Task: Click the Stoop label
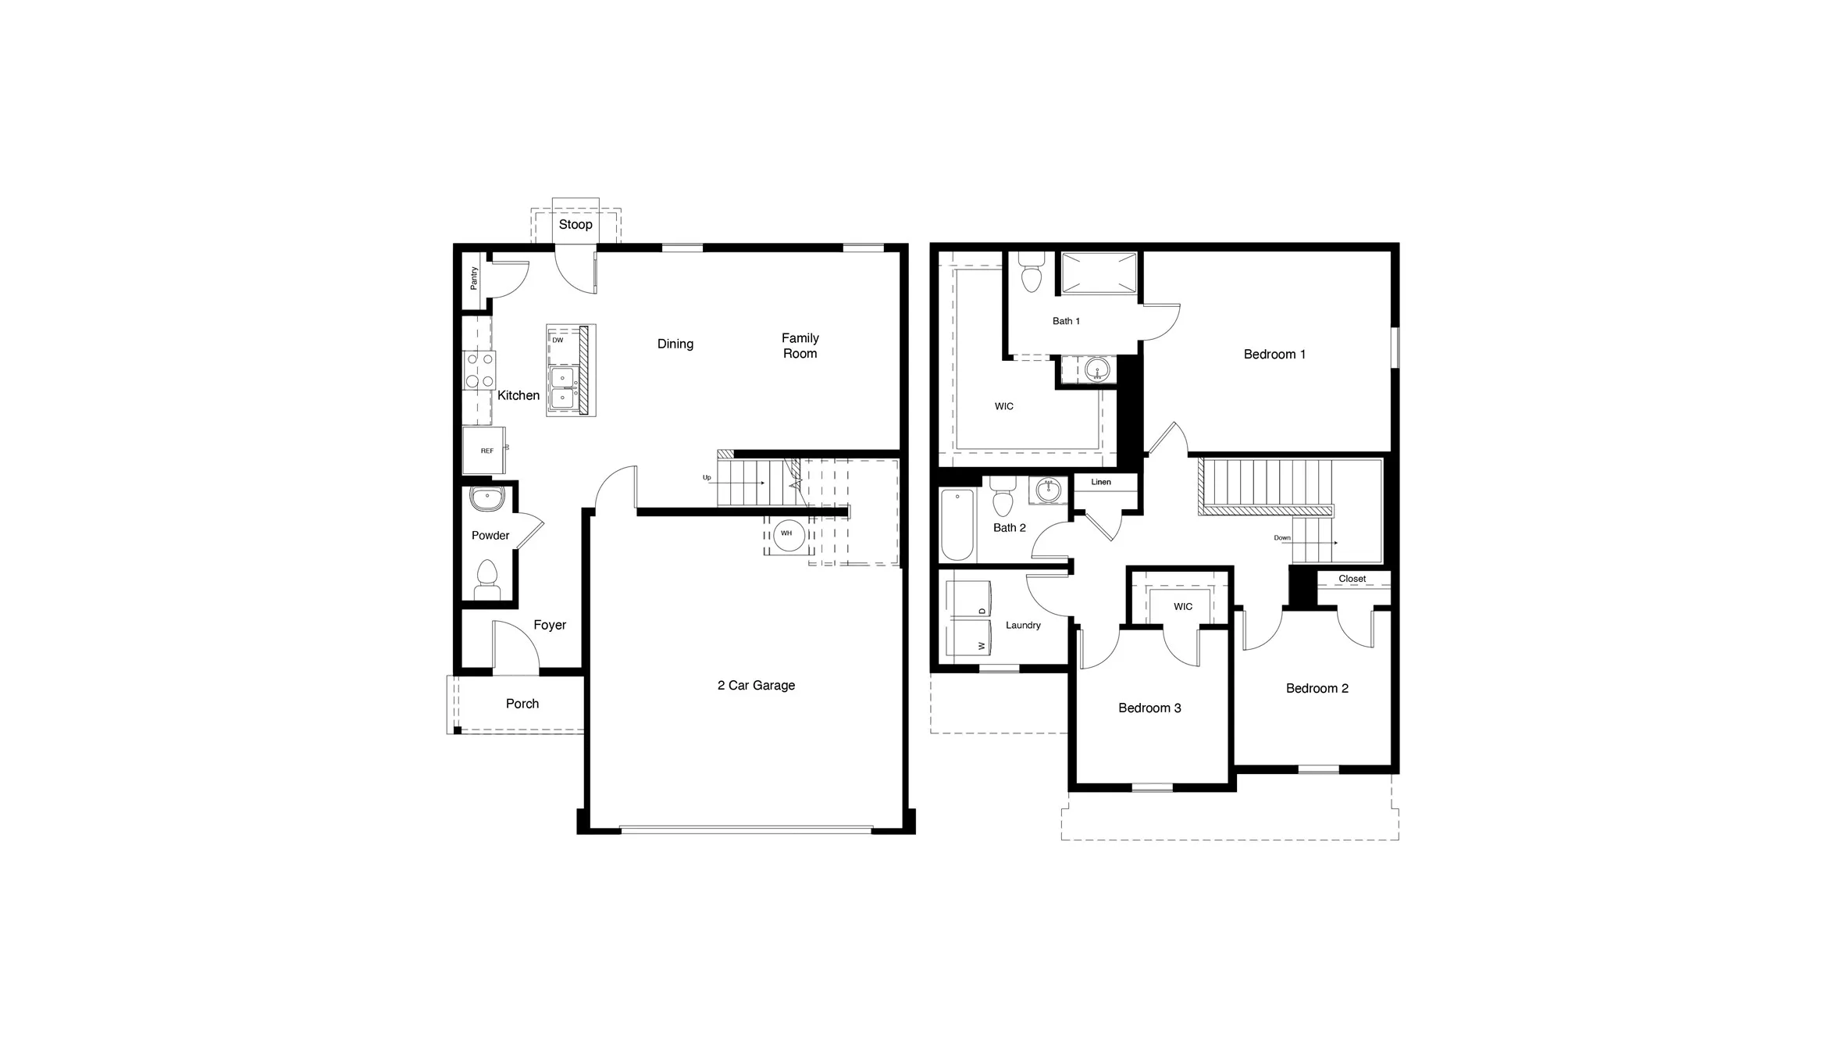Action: click(x=576, y=225)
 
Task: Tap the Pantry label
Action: click(x=474, y=278)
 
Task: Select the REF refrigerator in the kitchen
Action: click(x=485, y=451)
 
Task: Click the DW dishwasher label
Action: click(x=558, y=341)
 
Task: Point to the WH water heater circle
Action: click(x=787, y=533)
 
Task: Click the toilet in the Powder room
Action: click(x=487, y=576)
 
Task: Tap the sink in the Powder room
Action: click(x=488, y=498)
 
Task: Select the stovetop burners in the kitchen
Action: click(x=479, y=370)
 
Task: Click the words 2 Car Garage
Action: click(x=756, y=686)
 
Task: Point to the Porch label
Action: click(x=522, y=704)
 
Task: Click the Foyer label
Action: click(x=550, y=625)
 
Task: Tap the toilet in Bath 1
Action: click(x=1032, y=273)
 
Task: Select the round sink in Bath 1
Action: click(x=1097, y=369)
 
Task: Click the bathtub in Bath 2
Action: click(x=957, y=524)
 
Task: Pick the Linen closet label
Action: click(x=1101, y=482)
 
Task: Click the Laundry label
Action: click(x=1023, y=626)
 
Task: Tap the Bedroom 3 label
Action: click(x=1149, y=708)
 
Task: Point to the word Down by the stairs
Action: click(x=1282, y=538)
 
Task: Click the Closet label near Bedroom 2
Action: click(x=1352, y=579)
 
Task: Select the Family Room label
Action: click(x=800, y=346)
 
